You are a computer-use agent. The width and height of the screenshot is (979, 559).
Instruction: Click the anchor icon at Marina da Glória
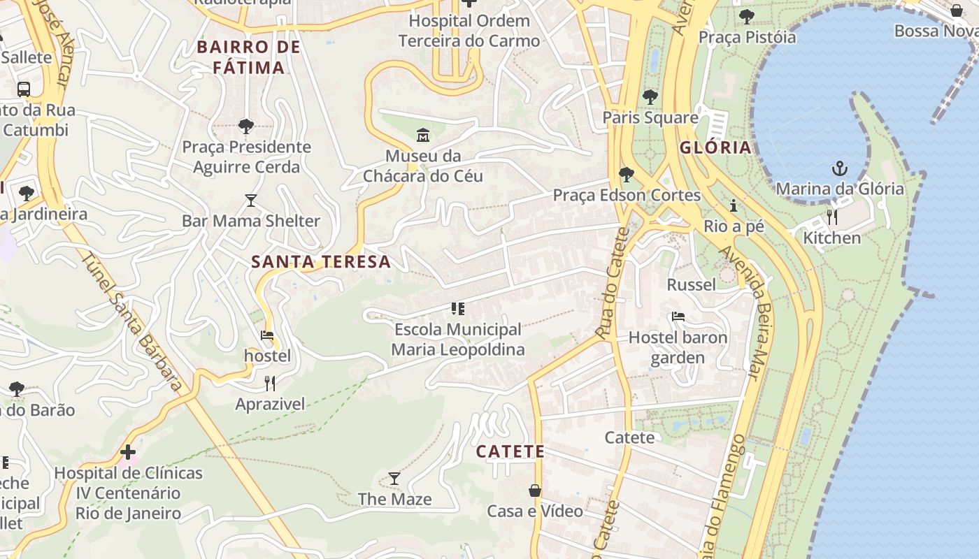point(839,168)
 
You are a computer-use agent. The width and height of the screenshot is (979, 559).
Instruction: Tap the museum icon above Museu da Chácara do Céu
point(423,135)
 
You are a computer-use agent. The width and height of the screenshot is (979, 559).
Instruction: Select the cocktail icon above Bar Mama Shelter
point(251,201)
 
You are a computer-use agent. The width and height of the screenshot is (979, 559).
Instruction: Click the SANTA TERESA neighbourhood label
point(321,262)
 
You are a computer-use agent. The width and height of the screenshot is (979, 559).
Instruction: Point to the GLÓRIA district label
point(715,147)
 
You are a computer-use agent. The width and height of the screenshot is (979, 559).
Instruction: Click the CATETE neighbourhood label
point(510,451)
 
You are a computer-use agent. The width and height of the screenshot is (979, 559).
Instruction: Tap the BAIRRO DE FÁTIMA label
point(249,57)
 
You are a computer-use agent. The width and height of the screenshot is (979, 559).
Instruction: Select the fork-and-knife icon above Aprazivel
point(270,383)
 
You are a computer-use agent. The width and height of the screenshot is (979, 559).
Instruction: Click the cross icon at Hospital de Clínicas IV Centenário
point(128,452)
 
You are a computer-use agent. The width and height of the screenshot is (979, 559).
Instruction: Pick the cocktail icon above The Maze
point(394,479)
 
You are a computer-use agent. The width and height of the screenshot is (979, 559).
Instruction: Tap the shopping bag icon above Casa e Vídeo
point(535,491)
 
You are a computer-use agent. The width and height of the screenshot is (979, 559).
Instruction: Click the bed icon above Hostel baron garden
point(678,317)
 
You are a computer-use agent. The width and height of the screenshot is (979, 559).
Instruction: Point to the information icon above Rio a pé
point(734,206)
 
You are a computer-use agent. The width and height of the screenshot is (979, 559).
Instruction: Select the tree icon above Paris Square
point(650,97)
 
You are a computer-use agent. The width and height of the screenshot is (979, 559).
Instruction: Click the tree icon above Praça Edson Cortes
point(627,175)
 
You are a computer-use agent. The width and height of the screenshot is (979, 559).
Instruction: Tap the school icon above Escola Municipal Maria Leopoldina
point(458,308)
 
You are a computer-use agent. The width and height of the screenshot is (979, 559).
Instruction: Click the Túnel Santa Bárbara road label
point(132,321)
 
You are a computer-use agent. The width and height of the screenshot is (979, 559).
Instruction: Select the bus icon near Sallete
point(24,89)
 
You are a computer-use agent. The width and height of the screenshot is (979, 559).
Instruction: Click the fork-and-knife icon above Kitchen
point(831,217)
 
